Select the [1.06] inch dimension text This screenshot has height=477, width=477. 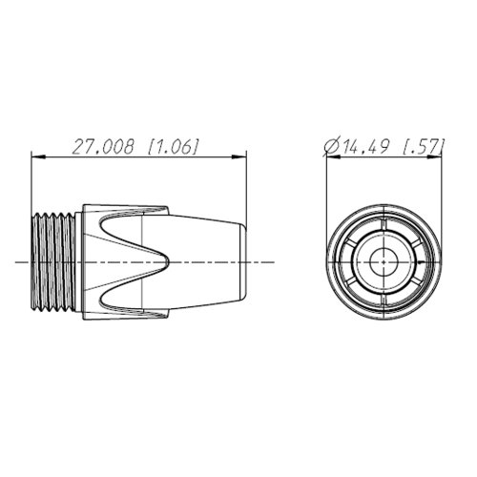(x=174, y=147)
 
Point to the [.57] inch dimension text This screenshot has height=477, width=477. (x=423, y=147)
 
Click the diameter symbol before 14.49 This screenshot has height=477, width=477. (x=331, y=147)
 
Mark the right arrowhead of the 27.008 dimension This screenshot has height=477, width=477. (x=239, y=156)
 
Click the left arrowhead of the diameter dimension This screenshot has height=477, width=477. (x=334, y=156)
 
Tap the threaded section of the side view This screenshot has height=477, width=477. (x=53, y=262)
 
